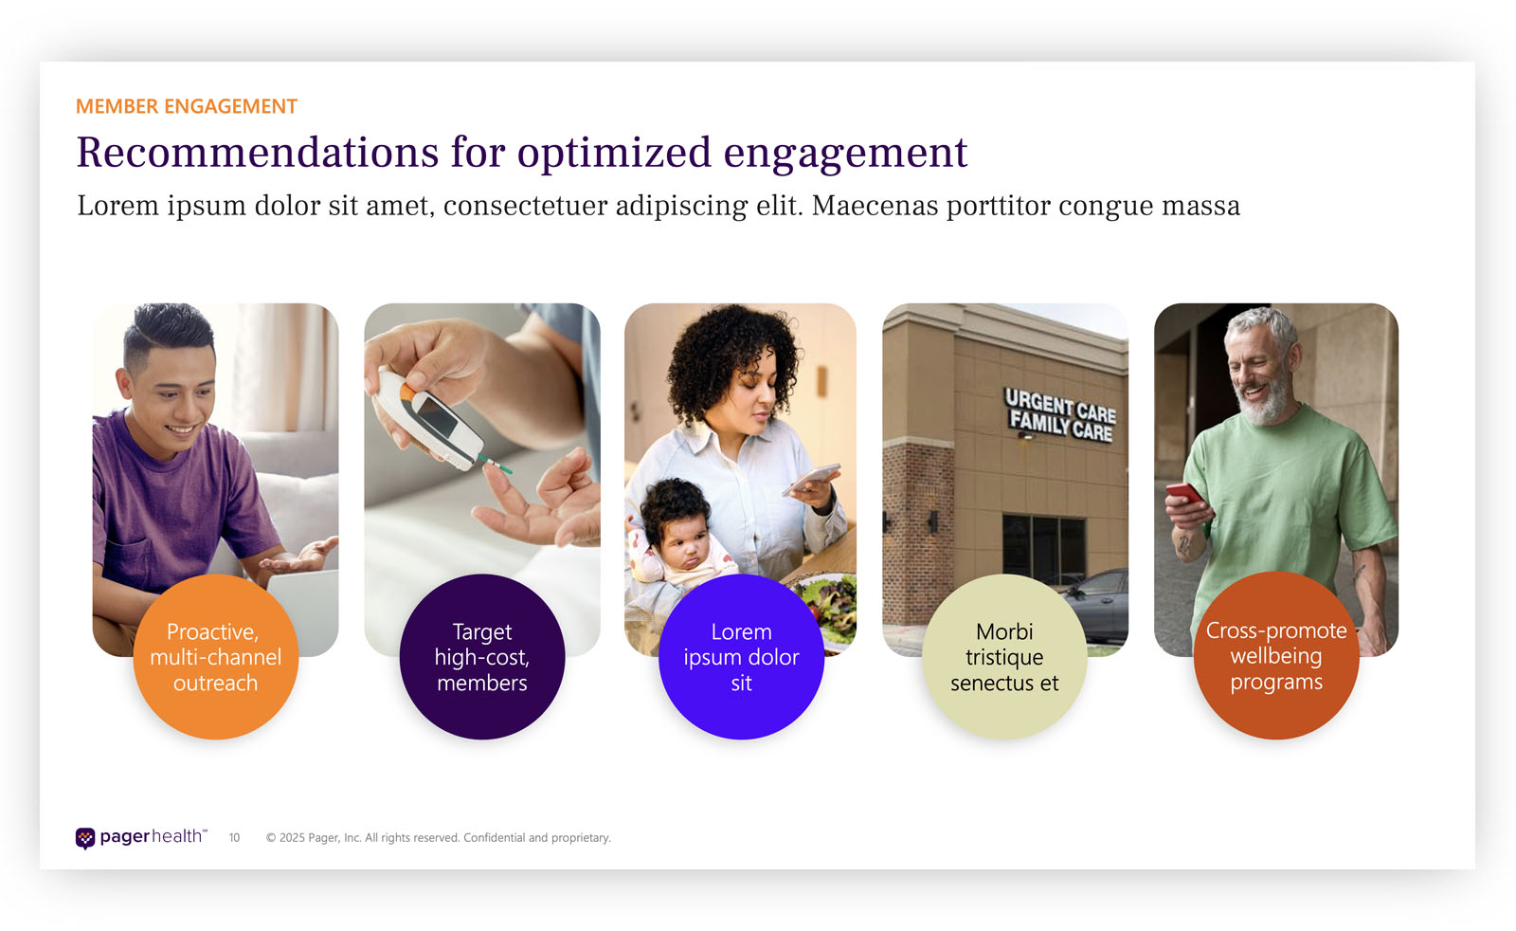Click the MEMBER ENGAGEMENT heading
[x=186, y=106]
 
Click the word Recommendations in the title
[x=258, y=152]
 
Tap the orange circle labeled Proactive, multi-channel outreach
[x=216, y=657]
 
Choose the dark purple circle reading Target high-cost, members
[x=482, y=657]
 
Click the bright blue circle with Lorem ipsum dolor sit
[x=741, y=657]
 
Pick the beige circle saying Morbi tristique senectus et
[x=1004, y=657]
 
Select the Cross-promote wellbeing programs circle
[x=1276, y=655]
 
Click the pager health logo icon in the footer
[x=85, y=838]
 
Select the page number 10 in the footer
[x=234, y=838]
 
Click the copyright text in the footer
[x=439, y=837]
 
